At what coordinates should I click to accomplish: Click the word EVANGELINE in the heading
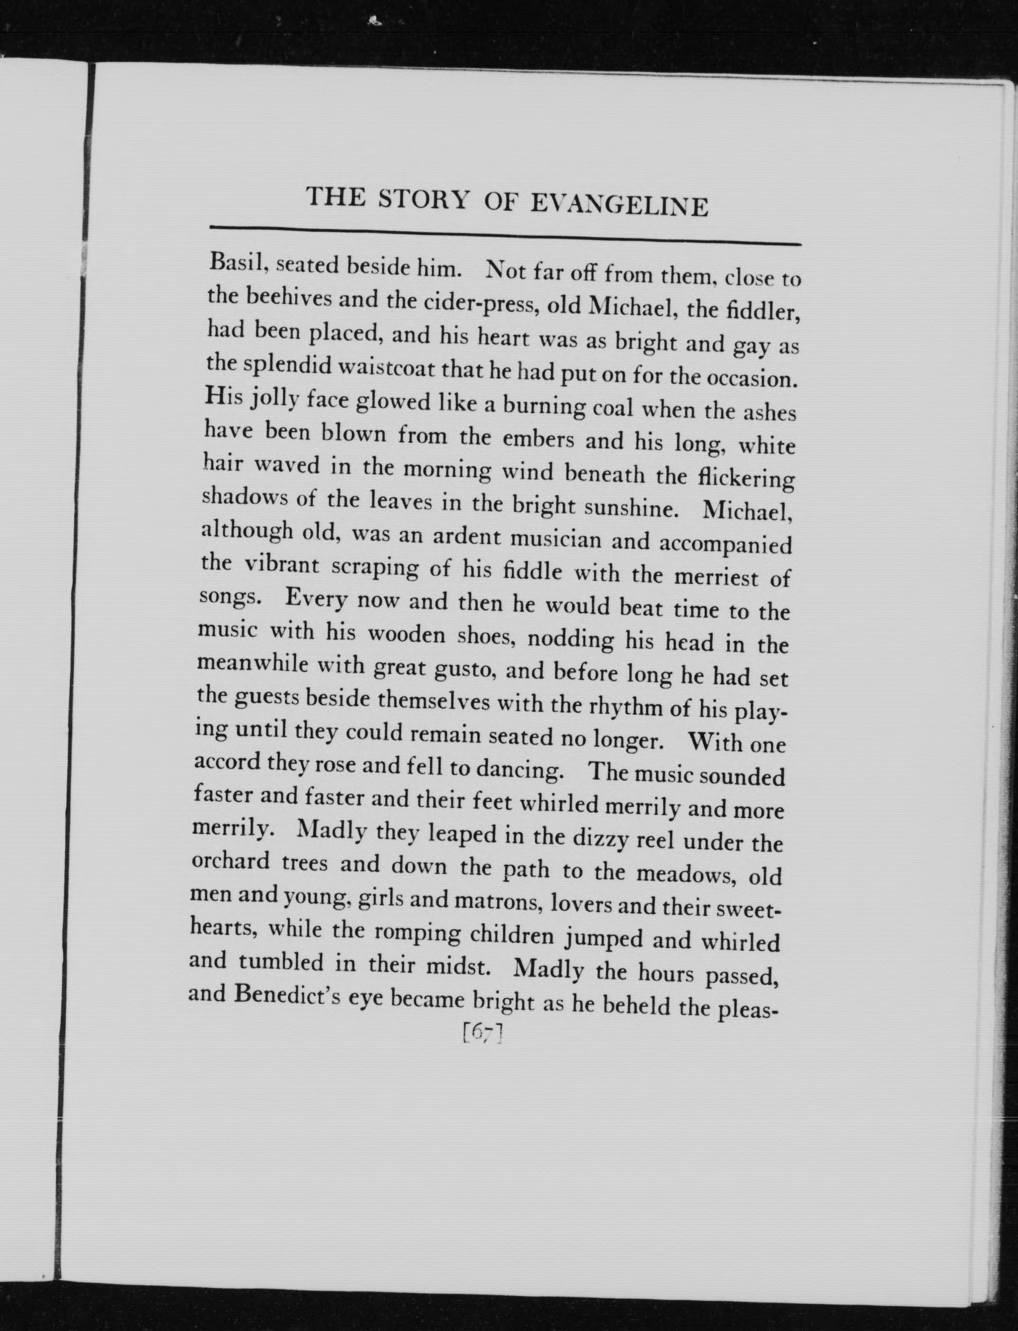(619, 205)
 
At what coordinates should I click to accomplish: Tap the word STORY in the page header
(422, 199)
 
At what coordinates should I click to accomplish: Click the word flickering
(745, 478)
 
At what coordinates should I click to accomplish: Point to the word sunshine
(630, 508)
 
